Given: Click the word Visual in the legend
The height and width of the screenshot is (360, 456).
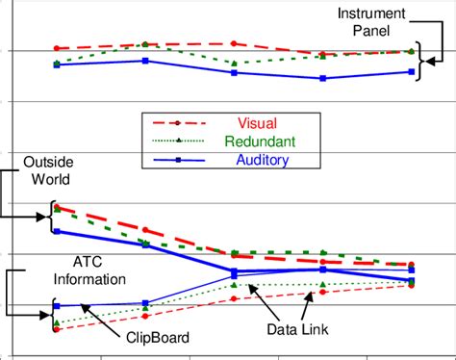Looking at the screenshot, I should pos(257,123).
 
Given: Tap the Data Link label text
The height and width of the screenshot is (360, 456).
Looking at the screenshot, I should pos(297,330).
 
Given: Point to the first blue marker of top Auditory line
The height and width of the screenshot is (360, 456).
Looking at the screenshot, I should pos(57,64).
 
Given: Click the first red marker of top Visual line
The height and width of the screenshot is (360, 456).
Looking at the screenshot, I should pos(57,48).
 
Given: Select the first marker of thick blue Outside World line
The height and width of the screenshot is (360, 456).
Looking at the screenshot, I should pos(57,231).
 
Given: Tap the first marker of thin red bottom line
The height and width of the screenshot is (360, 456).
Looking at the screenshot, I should pos(57,329).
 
